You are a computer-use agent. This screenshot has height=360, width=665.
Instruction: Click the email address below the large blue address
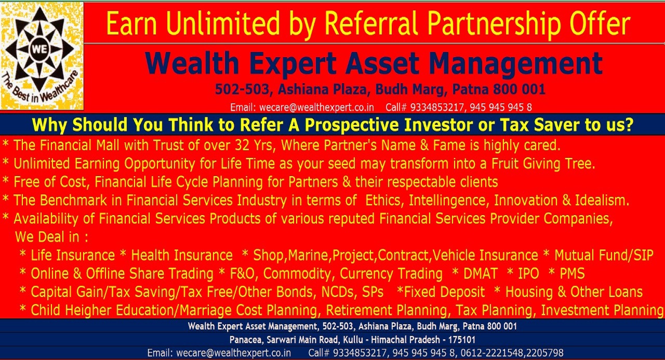point(316,107)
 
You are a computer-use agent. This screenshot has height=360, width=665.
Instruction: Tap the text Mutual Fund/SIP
point(604,255)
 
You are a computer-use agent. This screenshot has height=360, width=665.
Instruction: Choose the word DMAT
point(481,274)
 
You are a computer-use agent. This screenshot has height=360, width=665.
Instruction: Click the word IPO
point(528,274)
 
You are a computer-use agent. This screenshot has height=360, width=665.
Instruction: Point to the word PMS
point(572,274)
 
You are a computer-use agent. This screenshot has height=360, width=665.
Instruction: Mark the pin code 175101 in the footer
point(462,339)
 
